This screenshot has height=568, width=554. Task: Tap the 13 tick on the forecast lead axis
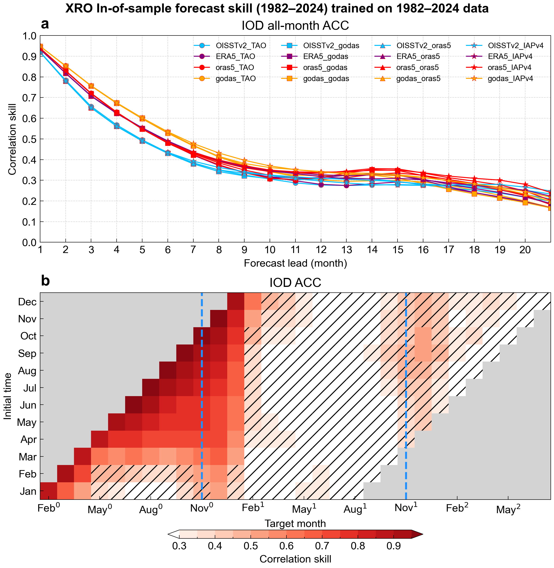(346, 250)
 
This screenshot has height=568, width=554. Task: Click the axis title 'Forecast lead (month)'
(295, 263)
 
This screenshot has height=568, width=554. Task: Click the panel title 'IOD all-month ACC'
(295, 26)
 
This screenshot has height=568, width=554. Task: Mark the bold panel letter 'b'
(45, 281)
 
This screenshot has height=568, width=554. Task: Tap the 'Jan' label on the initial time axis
(28, 491)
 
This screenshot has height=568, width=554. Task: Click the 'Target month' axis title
(295, 524)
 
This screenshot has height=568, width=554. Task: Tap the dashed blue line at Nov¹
(406, 378)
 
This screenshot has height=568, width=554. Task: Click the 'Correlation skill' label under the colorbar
(295, 559)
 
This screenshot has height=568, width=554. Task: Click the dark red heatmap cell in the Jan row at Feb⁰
(49, 491)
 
